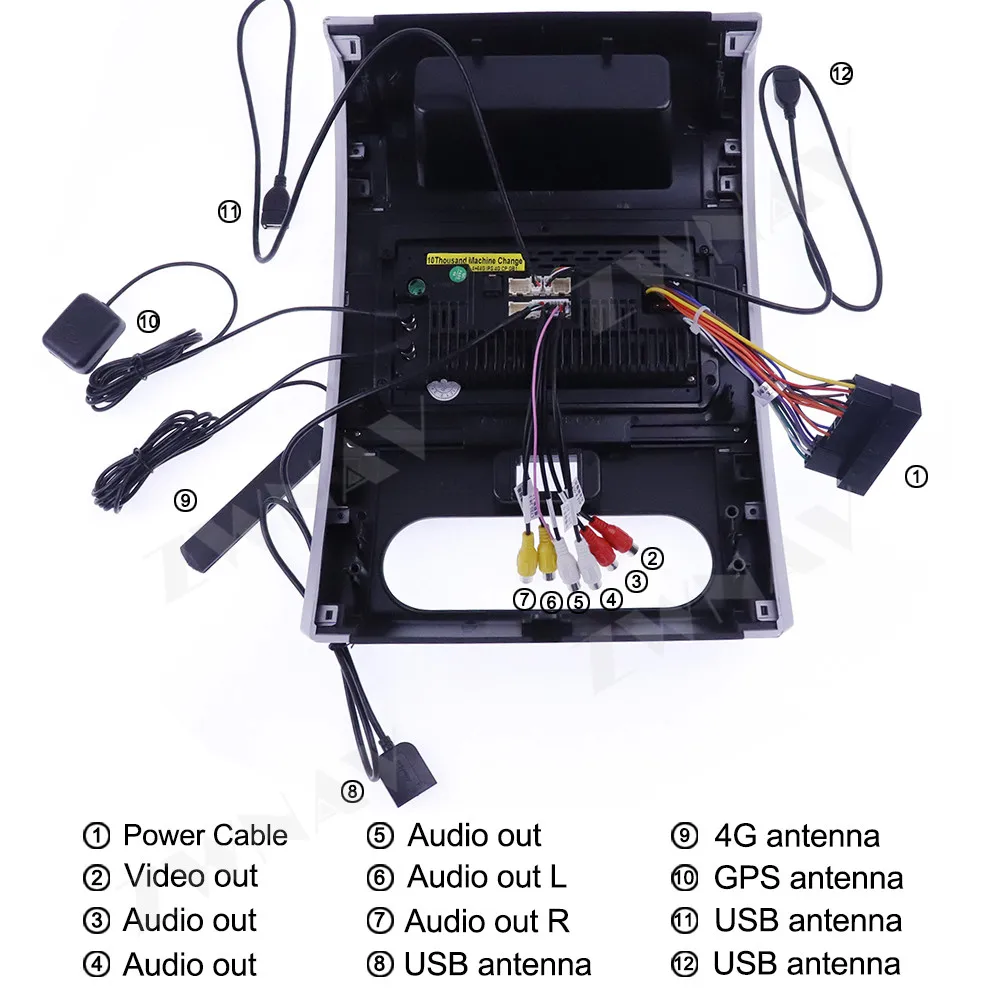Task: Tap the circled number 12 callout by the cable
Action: (x=841, y=73)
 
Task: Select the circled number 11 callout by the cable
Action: (x=230, y=212)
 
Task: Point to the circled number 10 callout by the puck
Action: (x=148, y=321)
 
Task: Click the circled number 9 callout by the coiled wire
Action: (x=185, y=500)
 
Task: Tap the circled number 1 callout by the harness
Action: (x=915, y=476)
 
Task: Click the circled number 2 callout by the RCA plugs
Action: (x=652, y=558)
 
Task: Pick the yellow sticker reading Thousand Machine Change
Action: (x=475, y=260)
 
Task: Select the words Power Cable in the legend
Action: (x=205, y=835)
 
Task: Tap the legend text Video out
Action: (x=191, y=876)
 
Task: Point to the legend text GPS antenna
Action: (x=808, y=878)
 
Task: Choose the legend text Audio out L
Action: (x=487, y=877)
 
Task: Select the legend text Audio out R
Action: (x=487, y=921)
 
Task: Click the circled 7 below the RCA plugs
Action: (x=525, y=600)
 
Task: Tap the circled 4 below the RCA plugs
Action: (x=611, y=600)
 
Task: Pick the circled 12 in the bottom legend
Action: (x=684, y=965)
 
